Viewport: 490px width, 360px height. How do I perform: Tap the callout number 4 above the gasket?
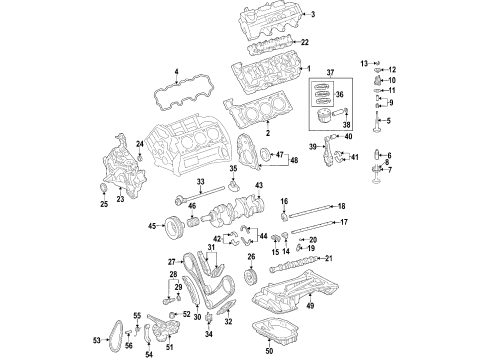176,71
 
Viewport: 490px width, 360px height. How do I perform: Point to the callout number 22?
305,42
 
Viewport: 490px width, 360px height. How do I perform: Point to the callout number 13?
364,62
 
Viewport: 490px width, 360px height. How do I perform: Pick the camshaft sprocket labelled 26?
250,279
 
